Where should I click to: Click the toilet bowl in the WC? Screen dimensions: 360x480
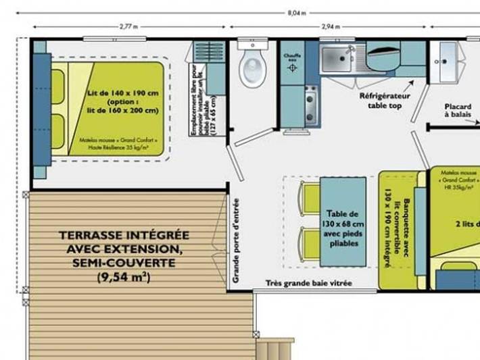[x=253, y=68]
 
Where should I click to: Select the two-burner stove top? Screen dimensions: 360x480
[x=312, y=101]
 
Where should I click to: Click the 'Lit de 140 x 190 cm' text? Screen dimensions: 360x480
[x=123, y=93]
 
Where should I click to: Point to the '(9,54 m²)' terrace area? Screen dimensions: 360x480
[x=124, y=277]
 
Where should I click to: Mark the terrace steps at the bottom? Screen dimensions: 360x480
[x=278, y=344]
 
